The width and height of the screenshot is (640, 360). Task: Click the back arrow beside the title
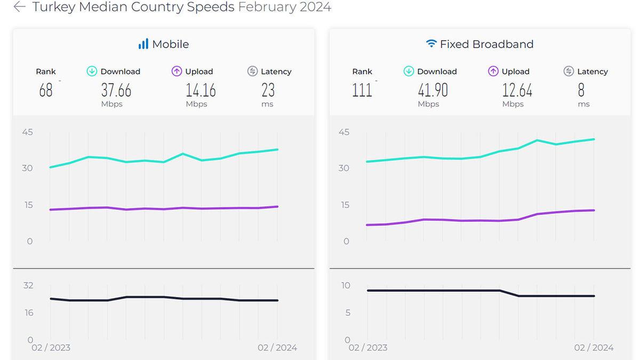click(x=19, y=7)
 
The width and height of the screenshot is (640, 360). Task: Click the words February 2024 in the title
click(x=284, y=7)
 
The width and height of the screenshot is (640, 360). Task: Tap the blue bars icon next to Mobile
click(x=143, y=44)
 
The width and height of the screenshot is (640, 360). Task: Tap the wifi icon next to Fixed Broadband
click(x=431, y=44)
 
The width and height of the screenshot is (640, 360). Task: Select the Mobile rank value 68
click(x=46, y=90)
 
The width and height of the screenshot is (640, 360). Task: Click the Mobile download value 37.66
click(x=116, y=90)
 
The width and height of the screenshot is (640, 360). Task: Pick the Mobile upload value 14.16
click(x=201, y=90)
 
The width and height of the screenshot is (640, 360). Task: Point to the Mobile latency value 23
click(x=268, y=90)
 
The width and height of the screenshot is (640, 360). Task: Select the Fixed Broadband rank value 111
click(x=362, y=90)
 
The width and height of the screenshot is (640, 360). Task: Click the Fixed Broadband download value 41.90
click(x=433, y=90)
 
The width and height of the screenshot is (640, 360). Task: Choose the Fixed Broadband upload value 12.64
click(x=517, y=90)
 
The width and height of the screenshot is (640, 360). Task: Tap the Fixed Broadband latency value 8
click(x=581, y=90)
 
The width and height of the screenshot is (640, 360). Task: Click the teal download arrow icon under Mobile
click(x=92, y=71)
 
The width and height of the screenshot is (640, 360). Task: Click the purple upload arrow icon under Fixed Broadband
click(x=493, y=71)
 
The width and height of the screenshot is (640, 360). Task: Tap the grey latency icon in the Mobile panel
click(x=252, y=71)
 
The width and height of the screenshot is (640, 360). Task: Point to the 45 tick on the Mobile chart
click(x=27, y=132)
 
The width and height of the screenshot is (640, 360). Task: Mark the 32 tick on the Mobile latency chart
click(x=28, y=285)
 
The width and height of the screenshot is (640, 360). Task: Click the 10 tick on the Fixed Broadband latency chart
click(x=346, y=285)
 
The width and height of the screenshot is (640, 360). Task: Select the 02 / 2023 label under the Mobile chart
click(x=51, y=348)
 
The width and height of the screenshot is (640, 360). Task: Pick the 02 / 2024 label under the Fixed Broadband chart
click(x=594, y=348)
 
